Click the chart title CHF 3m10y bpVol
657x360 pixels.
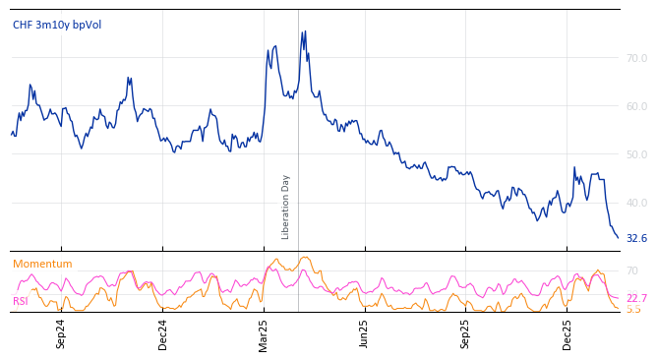point(57,25)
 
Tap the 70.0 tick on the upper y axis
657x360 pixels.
point(636,59)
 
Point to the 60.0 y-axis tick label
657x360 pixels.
point(636,106)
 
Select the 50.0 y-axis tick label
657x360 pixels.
point(636,155)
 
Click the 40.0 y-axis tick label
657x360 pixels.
point(636,204)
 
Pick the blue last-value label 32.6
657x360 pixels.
point(636,239)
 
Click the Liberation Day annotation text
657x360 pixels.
point(286,207)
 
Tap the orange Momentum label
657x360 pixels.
point(42,264)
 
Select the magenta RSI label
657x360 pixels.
point(20,301)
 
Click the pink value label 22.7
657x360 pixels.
point(636,298)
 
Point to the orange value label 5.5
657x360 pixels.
point(632,309)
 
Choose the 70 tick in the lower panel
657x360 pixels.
point(631,270)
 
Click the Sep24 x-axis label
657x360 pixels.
point(61,333)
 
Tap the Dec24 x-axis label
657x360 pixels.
point(163,333)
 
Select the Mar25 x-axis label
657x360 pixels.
point(264,333)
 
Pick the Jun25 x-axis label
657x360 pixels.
point(364,333)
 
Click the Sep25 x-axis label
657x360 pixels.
point(466,333)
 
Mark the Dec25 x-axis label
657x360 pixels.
point(567,333)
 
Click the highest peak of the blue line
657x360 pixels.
point(305,31)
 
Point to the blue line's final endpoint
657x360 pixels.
point(619,238)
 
